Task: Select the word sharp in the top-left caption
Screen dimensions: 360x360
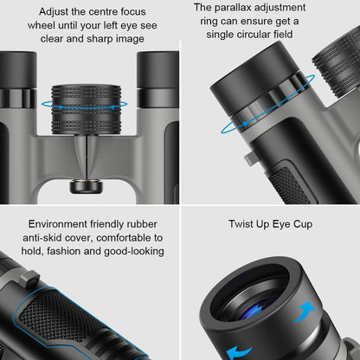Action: click(90, 40)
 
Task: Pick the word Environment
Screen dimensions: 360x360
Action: click(65, 223)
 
